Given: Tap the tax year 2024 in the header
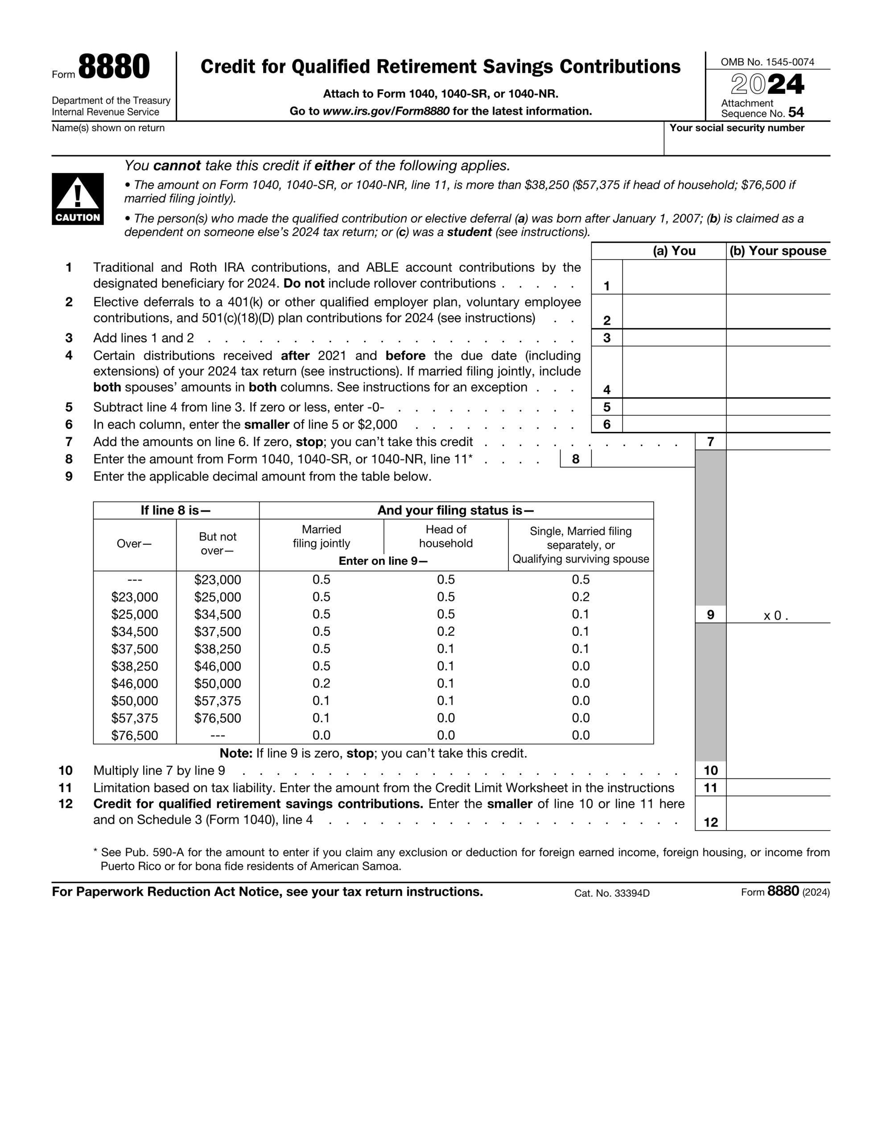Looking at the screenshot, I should click(x=767, y=85).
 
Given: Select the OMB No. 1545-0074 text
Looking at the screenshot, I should click(x=767, y=62).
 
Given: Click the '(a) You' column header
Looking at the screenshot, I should click(x=673, y=251).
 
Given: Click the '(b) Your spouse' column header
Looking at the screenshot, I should click(x=778, y=251).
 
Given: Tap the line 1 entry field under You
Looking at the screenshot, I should click(x=673, y=277).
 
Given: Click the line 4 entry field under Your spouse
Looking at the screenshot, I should click(x=778, y=372).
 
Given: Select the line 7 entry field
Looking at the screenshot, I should click(x=778, y=442).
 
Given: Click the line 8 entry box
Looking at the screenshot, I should click(x=643, y=459).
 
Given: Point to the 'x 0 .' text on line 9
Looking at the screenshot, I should click(x=775, y=616).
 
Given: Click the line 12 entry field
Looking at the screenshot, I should click(x=778, y=814).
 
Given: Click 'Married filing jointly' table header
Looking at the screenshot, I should click(x=321, y=537).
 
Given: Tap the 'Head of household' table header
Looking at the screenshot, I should click(x=445, y=537).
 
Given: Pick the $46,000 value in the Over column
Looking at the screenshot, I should click(x=134, y=683).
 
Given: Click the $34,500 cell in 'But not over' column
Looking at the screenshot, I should click(x=218, y=614).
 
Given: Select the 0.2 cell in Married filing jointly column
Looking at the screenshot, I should click(x=321, y=683).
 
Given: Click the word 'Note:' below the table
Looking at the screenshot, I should click(x=236, y=753).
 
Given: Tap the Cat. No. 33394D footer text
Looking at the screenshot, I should click(x=611, y=893).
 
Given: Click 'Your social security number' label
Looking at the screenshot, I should click(x=736, y=128).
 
